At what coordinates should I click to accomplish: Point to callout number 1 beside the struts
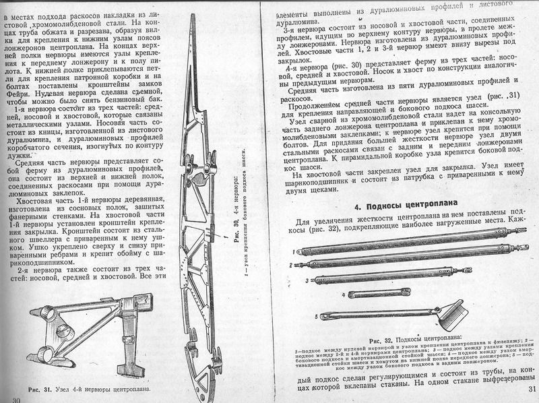pos(294,251)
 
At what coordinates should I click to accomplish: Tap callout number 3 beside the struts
pos(306,278)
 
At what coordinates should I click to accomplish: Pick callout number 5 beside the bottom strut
pos(315,315)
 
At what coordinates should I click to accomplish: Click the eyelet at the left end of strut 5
pos(324,315)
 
